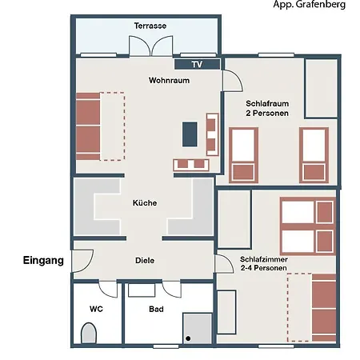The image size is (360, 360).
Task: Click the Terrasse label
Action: (150, 26)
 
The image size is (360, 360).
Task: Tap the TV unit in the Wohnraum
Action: (198, 64)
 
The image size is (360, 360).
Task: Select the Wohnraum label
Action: (169, 80)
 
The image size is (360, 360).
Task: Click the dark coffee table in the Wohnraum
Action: (190, 134)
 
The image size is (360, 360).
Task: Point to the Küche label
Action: (145, 202)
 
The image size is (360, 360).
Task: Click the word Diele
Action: (145, 260)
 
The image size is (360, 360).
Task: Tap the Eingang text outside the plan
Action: (43, 260)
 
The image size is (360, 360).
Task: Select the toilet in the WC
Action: (89, 333)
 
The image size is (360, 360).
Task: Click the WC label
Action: (96, 309)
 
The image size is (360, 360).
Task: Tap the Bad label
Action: (156, 309)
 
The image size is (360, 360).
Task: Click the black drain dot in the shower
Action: (188, 338)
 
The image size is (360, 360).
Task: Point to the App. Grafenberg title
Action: (310, 5)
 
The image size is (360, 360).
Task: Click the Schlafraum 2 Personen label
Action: (267, 108)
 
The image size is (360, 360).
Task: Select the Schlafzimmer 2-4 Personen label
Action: (264, 263)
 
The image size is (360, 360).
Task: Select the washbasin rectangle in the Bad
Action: (142, 290)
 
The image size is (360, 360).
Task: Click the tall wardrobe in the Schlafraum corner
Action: (322, 88)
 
